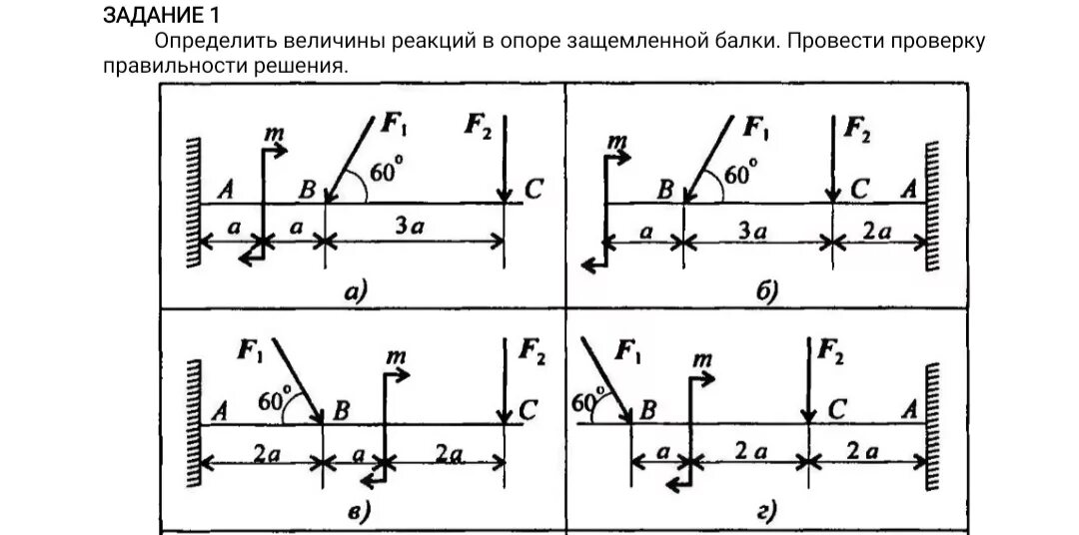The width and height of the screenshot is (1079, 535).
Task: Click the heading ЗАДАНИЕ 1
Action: (x=161, y=17)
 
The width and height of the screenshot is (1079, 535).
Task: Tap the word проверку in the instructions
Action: (x=934, y=43)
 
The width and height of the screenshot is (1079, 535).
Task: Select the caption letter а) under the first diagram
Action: (x=355, y=290)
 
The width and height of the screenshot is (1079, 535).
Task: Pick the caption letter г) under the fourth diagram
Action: (x=766, y=512)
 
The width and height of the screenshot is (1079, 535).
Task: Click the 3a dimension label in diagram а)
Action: (x=410, y=228)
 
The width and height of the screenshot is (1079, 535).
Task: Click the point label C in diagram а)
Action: (x=535, y=188)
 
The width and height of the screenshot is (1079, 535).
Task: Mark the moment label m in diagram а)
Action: (x=272, y=133)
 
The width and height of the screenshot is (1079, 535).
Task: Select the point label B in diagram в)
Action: (x=342, y=408)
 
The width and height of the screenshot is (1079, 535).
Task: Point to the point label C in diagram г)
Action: (x=837, y=408)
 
